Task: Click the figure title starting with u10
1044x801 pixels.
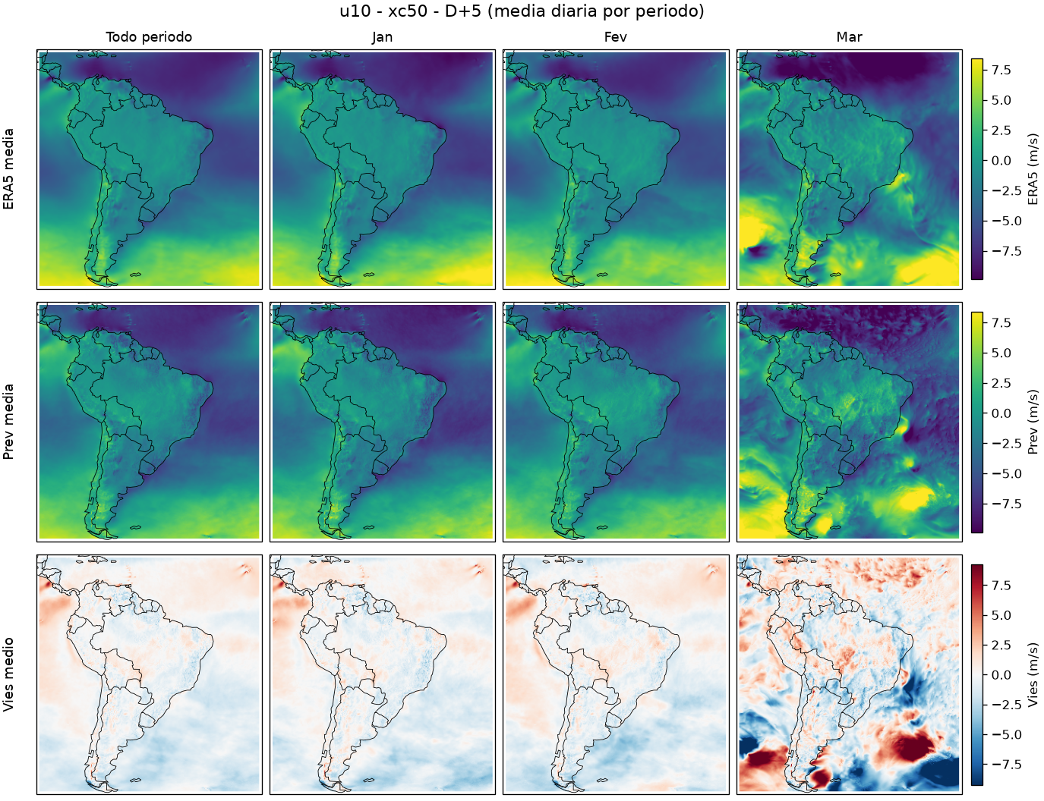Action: coord(522,11)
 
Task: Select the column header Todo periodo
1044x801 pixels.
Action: coord(149,37)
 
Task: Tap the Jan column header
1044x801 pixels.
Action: coord(382,37)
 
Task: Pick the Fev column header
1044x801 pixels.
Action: coord(616,37)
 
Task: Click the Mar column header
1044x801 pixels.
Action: coord(849,37)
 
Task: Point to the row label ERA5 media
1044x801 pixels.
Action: coord(8,169)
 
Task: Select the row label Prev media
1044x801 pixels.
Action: coord(8,422)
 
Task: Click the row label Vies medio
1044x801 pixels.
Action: coord(8,674)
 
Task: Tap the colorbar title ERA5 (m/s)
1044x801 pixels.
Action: coord(1033,169)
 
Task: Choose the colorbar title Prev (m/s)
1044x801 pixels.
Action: coord(1033,422)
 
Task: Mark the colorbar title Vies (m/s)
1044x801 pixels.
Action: coord(1033,675)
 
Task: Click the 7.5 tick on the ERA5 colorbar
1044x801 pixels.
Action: coord(1001,70)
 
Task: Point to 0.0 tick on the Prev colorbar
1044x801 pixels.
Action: coord(1001,413)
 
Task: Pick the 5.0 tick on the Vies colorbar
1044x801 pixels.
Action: coord(1001,615)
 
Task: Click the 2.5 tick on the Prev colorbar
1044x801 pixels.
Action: coord(1001,383)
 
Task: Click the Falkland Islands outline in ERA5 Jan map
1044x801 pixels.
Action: coord(369,275)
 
